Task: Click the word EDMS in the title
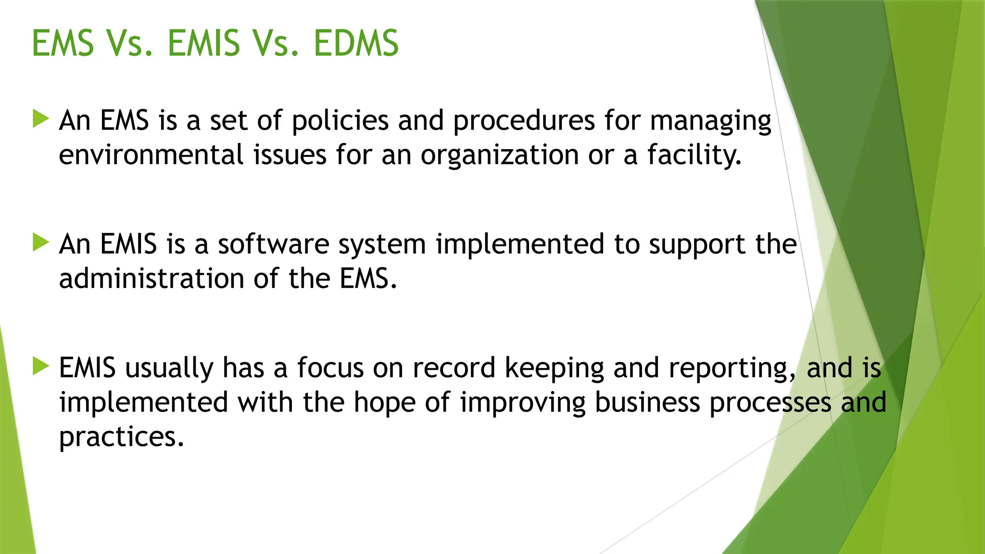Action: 356,43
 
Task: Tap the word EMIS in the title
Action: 203,43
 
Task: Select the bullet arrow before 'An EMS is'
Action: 41,119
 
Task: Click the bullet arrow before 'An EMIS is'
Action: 41,242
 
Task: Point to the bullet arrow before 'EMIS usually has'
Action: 41,366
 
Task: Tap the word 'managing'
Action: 710,121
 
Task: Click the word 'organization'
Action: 499,156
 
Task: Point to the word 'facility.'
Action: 694,155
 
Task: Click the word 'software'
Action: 273,244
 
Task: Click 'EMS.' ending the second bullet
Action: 368,278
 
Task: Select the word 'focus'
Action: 330,368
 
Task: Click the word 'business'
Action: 647,402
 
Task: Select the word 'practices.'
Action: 121,438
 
